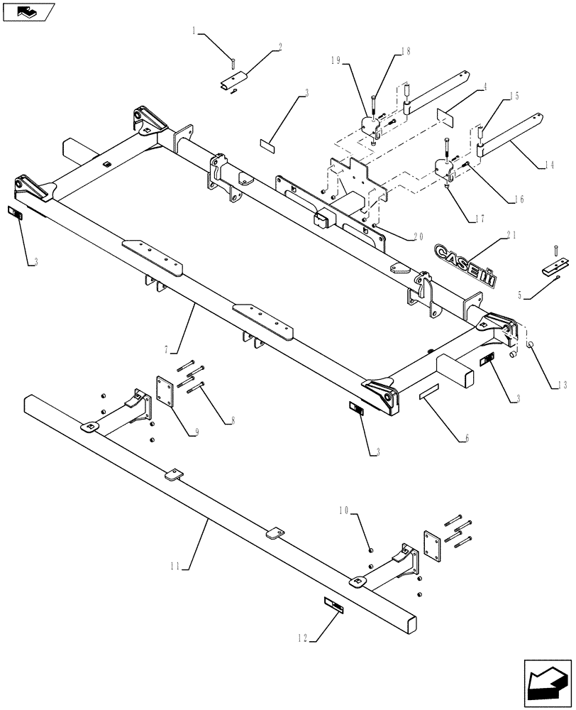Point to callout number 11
pyautogui.click(x=176, y=566)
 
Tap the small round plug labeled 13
pyautogui.click(x=529, y=345)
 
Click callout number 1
pyautogui.click(x=194, y=31)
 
